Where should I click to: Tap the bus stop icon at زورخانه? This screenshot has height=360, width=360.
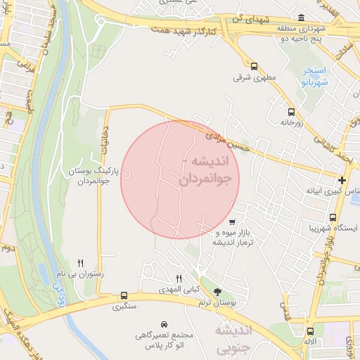[x=291, y=111]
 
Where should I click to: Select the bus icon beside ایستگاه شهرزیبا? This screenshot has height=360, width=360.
[x=333, y=217]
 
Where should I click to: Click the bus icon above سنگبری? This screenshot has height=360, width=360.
[x=124, y=295]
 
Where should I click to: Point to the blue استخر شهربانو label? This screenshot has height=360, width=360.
[x=314, y=77]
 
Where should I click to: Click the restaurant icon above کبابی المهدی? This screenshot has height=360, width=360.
[x=179, y=279]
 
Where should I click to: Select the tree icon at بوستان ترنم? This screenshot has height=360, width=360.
[x=217, y=292]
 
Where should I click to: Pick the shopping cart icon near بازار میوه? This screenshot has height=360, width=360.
[x=233, y=223]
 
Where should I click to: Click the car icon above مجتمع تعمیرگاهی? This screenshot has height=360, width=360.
[x=164, y=324]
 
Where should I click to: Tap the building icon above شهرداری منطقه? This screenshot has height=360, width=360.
[x=302, y=18]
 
